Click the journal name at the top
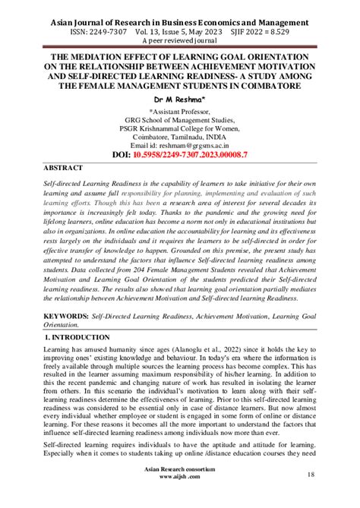[x=179, y=23]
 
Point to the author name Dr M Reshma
[x=179, y=99]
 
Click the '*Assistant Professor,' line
[x=179, y=110]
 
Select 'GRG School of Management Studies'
[x=179, y=119]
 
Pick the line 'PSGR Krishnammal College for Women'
[x=179, y=128]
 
